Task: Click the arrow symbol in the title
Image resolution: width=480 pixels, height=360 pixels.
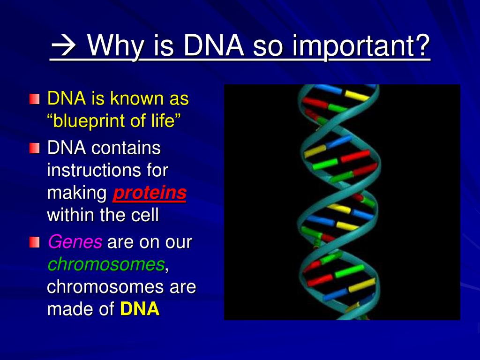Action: click(x=64, y=45)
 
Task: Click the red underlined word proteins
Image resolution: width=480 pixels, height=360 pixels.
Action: click(x=150, y=194)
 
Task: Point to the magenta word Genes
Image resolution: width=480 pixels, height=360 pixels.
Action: click(x=75, y=242)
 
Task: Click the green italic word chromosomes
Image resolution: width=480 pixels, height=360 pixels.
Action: click(x=106, y=264)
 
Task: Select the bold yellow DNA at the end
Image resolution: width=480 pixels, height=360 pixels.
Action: click(x=140, y=308)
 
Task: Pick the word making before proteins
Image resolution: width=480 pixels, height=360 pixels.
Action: click(x=77, y=194)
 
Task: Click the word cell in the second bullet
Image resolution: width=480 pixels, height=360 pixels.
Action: click(x=145, y=215)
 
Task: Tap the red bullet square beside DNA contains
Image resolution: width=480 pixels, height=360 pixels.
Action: click(x=35, y=148)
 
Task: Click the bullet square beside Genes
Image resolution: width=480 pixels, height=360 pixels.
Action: click(x=35, y=242)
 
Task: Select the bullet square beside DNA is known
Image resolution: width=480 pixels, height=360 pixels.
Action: click(x=35, y=99)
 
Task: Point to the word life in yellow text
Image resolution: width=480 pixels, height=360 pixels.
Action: click(x=162, y=120)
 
